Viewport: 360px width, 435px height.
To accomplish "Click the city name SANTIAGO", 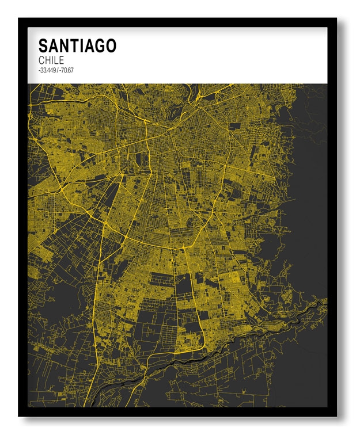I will click(x=77, y=46).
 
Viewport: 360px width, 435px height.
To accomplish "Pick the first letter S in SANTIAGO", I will click(x=43, y=46).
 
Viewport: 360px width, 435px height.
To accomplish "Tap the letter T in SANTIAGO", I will click(x=73, y=46).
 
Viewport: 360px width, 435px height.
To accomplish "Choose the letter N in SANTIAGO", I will click(x=63, y=46).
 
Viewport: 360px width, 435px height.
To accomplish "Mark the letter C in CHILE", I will click(x=42, y=60).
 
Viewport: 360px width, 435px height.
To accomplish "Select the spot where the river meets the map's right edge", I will click(x=325, y=301).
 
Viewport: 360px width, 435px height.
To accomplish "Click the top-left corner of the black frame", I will click(x=20, y=20).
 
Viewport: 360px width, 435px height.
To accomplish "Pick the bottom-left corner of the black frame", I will click(x=20, y=415).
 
